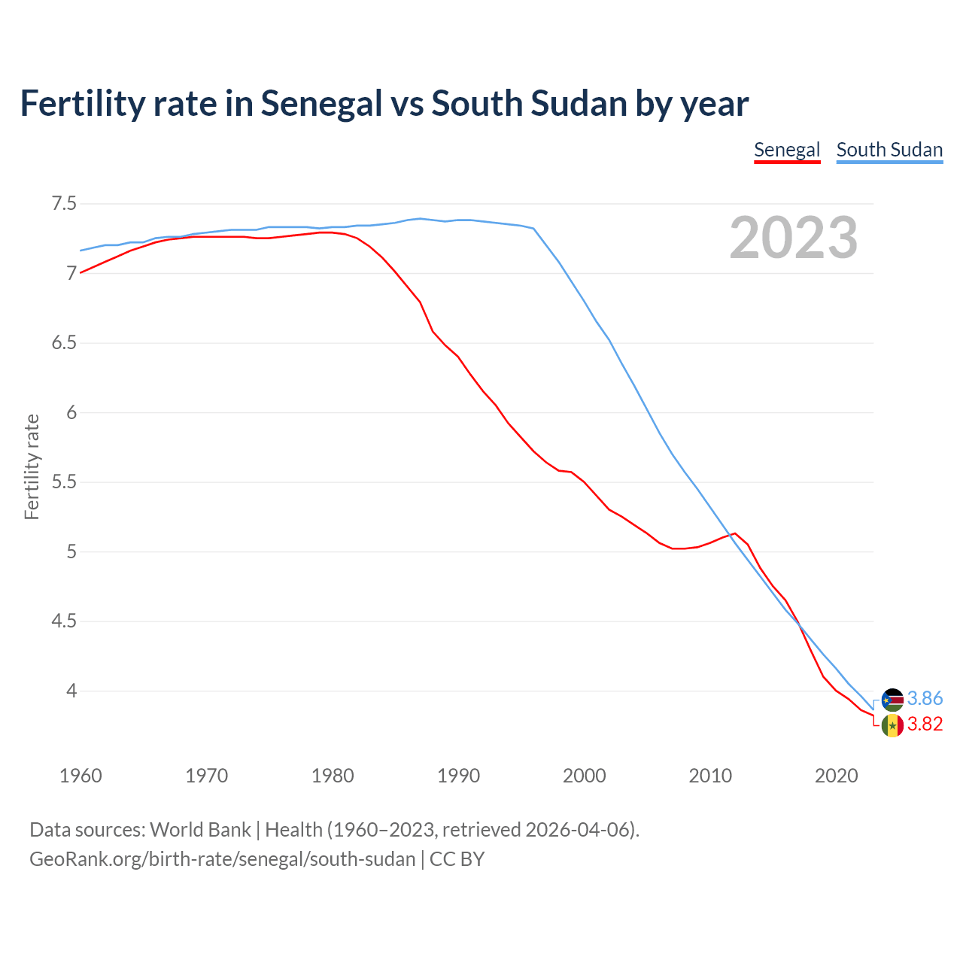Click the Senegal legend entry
(786, 150)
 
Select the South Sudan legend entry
(889, 150)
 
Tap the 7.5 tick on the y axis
(64, 204)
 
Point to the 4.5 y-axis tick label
(64, 621)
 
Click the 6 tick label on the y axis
(71, 412)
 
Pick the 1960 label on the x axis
(81, 776)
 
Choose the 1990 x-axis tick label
(458, 776)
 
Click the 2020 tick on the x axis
(836, 776)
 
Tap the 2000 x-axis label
(584, 776)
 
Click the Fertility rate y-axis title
(32, 466)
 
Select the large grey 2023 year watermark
(793, 238)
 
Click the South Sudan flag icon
(892, 700)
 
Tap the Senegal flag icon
(892, 725)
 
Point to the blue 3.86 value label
(925, 699)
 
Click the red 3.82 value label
(925, 724)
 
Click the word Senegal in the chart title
(321, 103)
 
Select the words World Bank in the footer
(200, 830)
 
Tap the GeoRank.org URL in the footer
(222, 859)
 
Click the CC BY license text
(457, 859)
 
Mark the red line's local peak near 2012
(735, 533)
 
